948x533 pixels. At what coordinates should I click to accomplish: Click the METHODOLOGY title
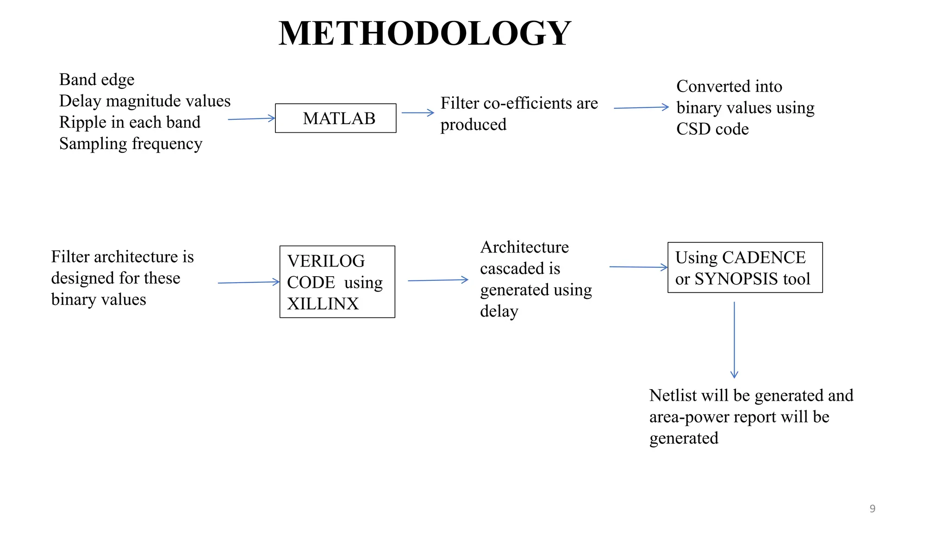tap(424, 33)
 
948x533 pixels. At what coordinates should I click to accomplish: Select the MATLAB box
tap(336, 118)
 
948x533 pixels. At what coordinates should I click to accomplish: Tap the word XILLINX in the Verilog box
tap(323, 304)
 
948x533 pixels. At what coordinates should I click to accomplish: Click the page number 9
tap(872, 508)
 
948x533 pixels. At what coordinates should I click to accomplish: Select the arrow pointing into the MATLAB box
tap(251, 119)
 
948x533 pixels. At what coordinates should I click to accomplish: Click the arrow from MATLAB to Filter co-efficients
tap(418, 112)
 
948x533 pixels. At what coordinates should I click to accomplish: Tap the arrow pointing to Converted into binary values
tap(641, 107)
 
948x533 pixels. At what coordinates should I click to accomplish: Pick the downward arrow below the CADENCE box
tap(734, 340)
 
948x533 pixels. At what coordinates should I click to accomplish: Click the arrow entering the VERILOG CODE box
tap(249, 282)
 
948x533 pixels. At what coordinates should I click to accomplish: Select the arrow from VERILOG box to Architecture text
tap(438, 280)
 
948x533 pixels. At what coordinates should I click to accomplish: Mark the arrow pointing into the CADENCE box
tap(638, 267)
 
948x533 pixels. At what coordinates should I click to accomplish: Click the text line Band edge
tap(97, 80)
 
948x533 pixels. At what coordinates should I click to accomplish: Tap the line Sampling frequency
tap(131, 144)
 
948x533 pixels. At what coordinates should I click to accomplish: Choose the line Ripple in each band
tap(130, 122)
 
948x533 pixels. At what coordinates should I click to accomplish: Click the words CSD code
tap(712, 129)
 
